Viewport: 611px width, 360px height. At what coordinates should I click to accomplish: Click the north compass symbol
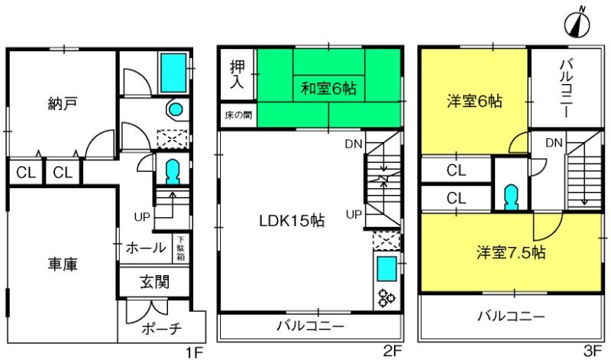tap(578, 24)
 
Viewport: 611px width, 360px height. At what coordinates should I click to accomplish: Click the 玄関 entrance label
tap(155, 281)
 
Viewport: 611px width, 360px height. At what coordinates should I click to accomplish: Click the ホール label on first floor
tap(146, 247)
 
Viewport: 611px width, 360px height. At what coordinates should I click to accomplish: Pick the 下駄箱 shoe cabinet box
tap(180, 248)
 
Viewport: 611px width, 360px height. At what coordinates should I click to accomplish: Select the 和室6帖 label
tap(329, 88)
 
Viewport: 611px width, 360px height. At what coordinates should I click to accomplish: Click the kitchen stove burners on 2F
tap(385, 298)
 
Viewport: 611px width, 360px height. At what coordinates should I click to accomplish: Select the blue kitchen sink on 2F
tap(386, 269)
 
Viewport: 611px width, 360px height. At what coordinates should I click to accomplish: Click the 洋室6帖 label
tap(474, 102)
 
